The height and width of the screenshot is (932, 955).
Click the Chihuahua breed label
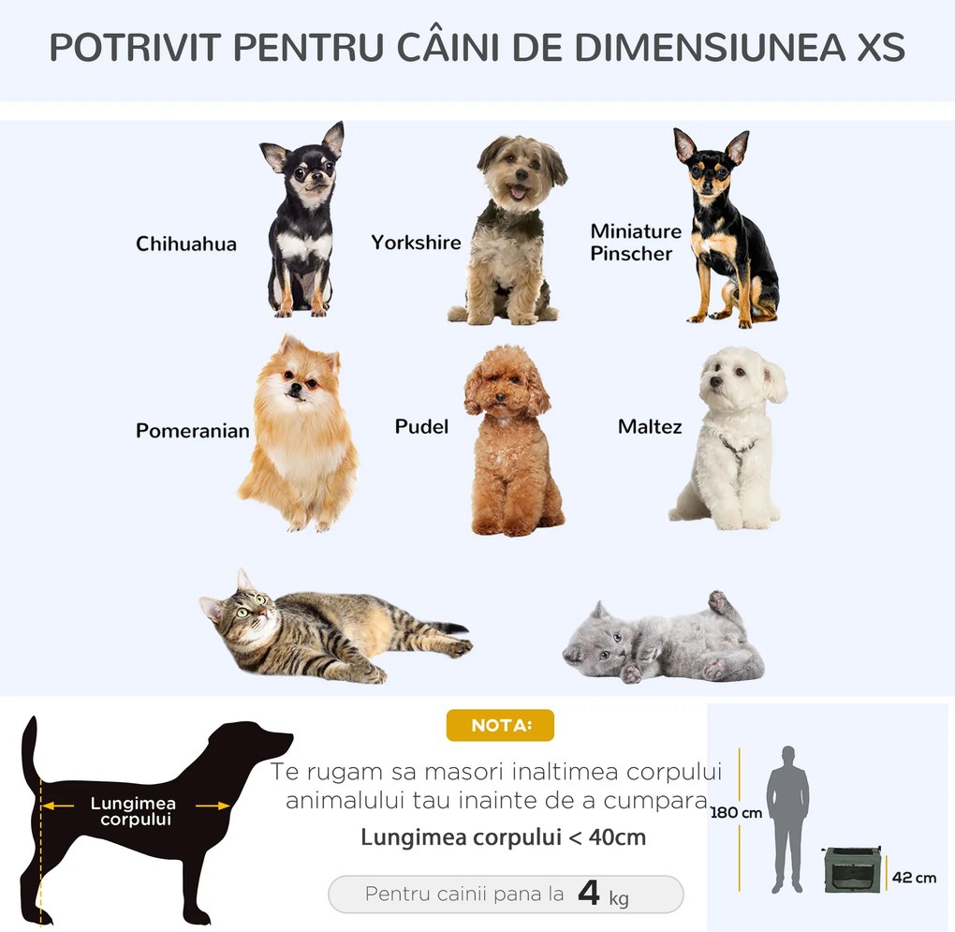pyautogui.click(x=186, y=244)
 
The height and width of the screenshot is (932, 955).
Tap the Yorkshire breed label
pyautogui.click(x=416, y=243)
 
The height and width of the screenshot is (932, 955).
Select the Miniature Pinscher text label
pyautogui.click(x=636, y=242)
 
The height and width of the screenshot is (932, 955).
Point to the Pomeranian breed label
pyautogui.click(x=193, y=431)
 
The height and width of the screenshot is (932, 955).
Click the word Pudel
pyautogui.click(x=421, y=427)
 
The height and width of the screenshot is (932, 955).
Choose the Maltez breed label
pyautogui.click(x=650, y=427)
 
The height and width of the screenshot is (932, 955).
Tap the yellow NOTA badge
pyautogui.click(x=500, y=725)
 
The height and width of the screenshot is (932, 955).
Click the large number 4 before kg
pyautogui.click(x=589, y=893)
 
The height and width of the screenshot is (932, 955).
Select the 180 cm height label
pyautogui.click(x=736, y=813)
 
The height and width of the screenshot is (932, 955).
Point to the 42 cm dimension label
pyautogui.click(x=914, y=878)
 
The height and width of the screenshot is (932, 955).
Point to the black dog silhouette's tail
pyautogui.click(x=31, y=749)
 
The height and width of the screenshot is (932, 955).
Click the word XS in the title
pyautogui.click(x=880, y=48)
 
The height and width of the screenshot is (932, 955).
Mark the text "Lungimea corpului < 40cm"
pyautogui.click(x=504, y=836)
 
